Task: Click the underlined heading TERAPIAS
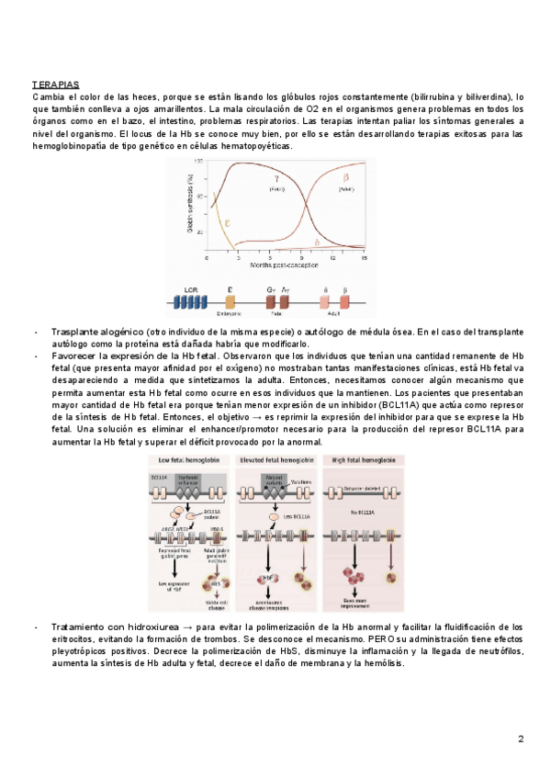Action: pos(56,85)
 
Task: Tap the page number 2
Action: pos(521,739)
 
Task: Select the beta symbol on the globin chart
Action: pos(346,176)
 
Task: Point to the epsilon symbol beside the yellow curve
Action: pos(228,222)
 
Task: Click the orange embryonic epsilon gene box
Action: pos(230,301)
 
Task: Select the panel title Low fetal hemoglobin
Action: pos(185,459)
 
